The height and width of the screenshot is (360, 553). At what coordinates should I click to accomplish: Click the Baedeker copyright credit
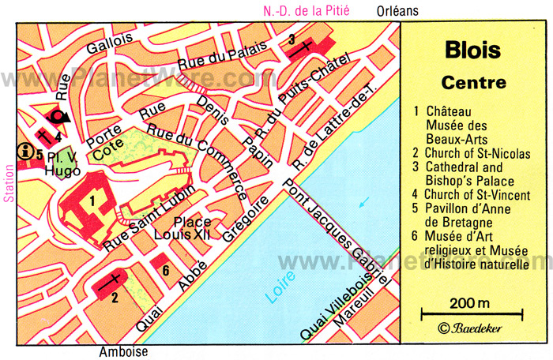point(472,327)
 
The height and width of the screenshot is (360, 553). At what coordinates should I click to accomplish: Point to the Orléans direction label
point(398,10)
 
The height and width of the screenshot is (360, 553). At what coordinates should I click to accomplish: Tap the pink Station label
point(9,182)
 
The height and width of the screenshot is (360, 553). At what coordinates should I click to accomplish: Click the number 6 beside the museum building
point(166,271)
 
